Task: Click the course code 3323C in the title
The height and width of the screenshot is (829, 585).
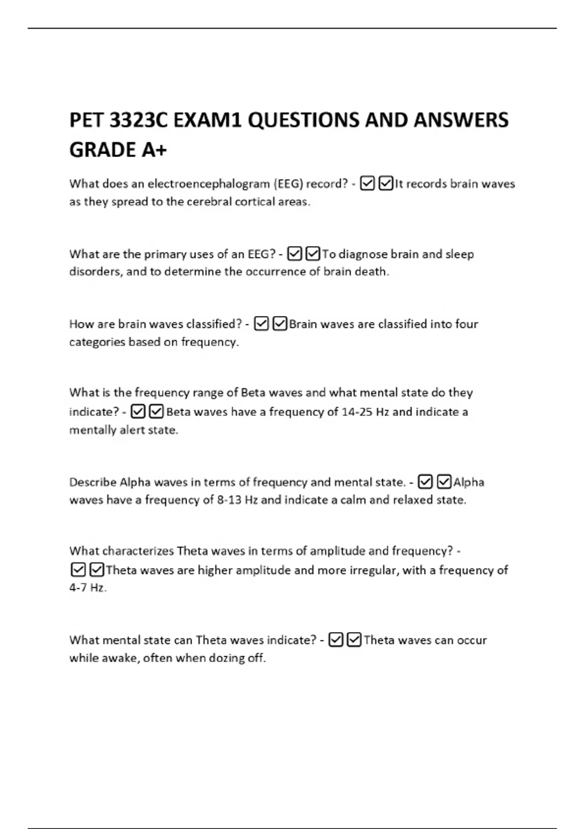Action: click(x=138, y=120)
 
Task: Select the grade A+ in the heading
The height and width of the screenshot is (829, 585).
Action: click(x=154, y=150)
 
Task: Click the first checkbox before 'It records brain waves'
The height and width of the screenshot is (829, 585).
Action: click(x=367, y=184)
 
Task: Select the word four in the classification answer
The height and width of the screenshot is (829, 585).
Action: click(x=467, y=324)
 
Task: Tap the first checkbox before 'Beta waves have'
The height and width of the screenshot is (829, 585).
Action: click(x=138, y=412)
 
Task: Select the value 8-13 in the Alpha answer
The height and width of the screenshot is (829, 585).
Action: click(x=229, y=500)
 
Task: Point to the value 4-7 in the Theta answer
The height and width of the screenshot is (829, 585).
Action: click(x=78, y=588)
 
